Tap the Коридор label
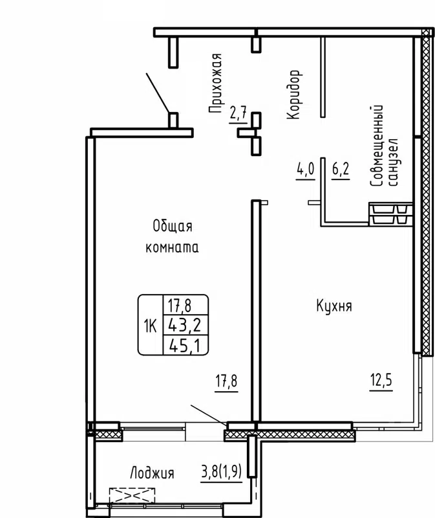(294, 95)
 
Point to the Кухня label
(334, 306)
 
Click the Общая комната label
(173, 236)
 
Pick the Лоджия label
(153, 473)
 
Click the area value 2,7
(239, 115)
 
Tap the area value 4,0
(305, 170)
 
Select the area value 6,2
(340, 170)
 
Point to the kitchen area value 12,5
(382, 377)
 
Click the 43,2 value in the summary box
(184, 324)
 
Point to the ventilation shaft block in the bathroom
(390, 214)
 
